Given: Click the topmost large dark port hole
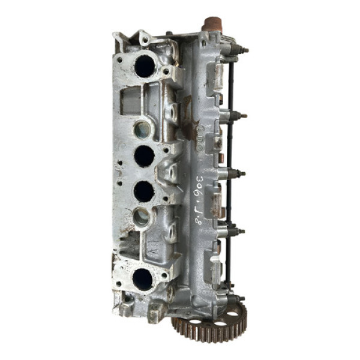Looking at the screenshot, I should click(145, 65).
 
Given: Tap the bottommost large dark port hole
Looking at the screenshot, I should click(143, 279).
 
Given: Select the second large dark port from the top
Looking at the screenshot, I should click(144, 156).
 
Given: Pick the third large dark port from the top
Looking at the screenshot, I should click(143, 191).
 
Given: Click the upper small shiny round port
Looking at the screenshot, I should click(142, 128).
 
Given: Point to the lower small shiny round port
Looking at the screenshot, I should click(142, 217).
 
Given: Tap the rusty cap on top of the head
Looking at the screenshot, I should click(212, 24).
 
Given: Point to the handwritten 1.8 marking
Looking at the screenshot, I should click(200, 216).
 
